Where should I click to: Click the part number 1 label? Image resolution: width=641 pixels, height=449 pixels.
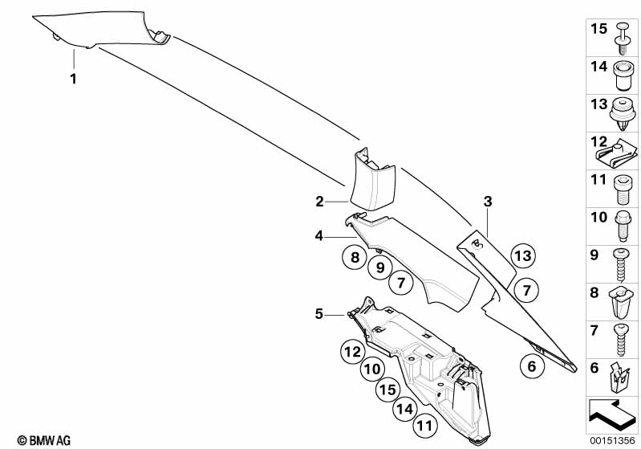click(x=74, y=79)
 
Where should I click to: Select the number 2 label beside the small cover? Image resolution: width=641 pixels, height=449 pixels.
click(x=319, y=202)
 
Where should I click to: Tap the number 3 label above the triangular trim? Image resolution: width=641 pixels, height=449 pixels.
click(x=488, y=202)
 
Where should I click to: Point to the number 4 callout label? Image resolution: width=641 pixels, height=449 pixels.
click(x=318, y=236)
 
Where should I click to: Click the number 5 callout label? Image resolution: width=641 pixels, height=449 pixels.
click(x=318, y=314)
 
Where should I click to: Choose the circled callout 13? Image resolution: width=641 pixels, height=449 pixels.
click(x=523, y=255)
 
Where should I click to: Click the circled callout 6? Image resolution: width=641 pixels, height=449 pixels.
click(x=532, y=366)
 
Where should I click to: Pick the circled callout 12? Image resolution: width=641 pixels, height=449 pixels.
click(x=352, y=352)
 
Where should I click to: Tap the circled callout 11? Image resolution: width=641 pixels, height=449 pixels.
click(x=424, y=426)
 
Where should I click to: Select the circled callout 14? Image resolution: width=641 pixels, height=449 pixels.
click(x=405, y=409)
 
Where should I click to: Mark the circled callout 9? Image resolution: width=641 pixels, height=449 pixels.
click(x=380, y=267)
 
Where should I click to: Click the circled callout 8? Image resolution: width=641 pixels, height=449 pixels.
click(x=355, y=257)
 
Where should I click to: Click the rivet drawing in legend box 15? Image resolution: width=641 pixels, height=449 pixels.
click(x=623, y=39)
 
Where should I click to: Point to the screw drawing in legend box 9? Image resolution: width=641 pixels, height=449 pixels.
click(x=621, y=265)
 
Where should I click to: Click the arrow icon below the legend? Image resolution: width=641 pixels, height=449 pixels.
click(x=612, y=414)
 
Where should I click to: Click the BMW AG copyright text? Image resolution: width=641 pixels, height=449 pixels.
click(x=44, y=440)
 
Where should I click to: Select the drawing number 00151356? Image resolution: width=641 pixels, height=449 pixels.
click(x=612, y=440)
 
